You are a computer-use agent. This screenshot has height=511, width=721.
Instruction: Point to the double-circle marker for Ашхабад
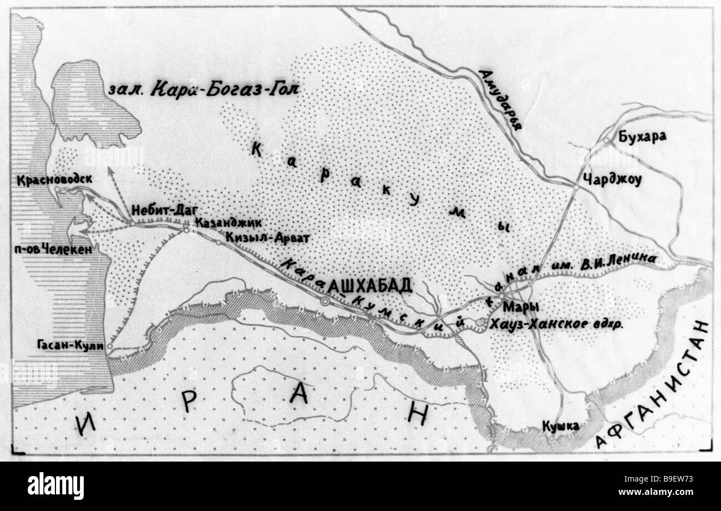(325, 300)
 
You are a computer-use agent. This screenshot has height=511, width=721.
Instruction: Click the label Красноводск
(54, 179)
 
